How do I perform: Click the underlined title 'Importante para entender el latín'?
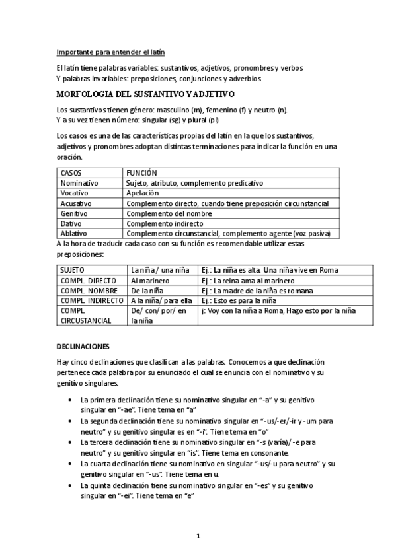[x=110, y=52]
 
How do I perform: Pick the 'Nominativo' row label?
[x=79, y=182]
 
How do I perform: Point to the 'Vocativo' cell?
[x=75, y=193]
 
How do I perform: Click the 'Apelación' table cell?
[x=143, y=193]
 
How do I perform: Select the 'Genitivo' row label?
[x=74, y=214]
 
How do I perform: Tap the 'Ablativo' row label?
[x=74, y=234]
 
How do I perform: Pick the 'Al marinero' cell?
[x=147, y=281]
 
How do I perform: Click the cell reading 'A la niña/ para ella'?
[x=161, y=301]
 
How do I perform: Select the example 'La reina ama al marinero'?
[x=255, y=281]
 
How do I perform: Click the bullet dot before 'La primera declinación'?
[x=71, y=400]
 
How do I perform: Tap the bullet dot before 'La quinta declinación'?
[x=71, y=485]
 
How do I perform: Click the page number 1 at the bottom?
[x=198, y=535]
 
